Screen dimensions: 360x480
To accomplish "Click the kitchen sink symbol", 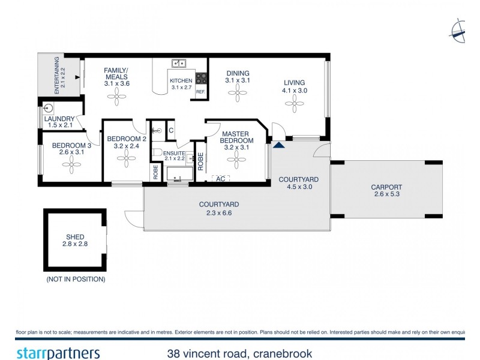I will tap(178, 63).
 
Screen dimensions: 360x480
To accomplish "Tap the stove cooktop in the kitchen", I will tap(200, 79).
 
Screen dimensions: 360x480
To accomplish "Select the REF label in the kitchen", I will tap(200, 92).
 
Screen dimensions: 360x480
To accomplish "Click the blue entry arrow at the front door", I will tap(278, 144).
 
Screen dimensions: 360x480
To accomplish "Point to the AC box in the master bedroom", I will tap(220, 178).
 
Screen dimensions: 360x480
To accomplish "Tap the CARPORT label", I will tap(386, 187).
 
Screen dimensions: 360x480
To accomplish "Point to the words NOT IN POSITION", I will tap(76, 280).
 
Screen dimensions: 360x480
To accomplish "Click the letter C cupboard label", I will tap(170, 130).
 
